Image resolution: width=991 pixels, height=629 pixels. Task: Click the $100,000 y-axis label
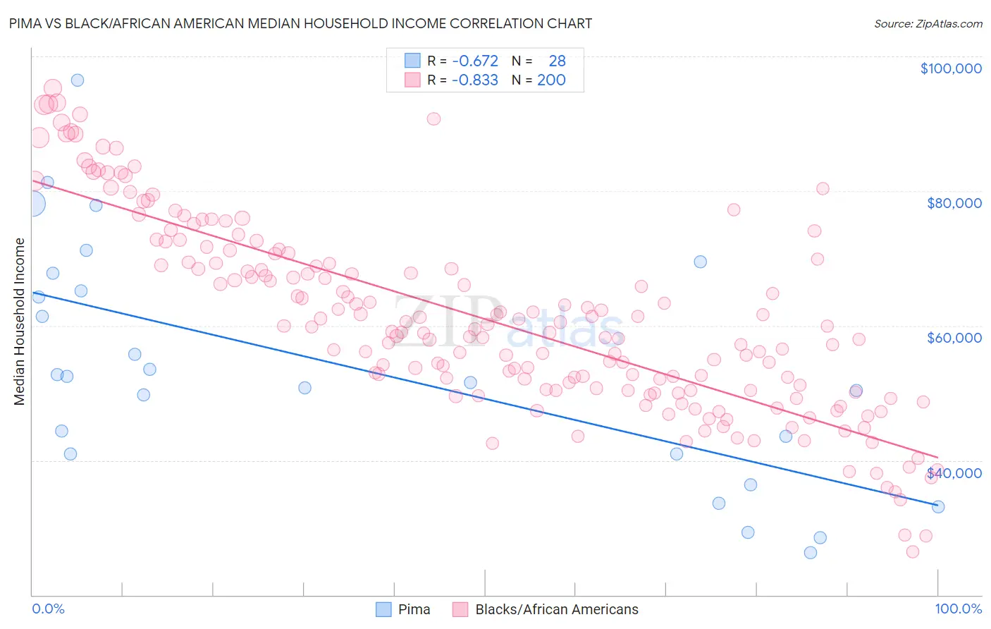[x=950, y=68]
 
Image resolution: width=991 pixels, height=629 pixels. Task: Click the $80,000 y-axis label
[x=954, y=203]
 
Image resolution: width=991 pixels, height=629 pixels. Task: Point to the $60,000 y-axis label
[x=954, y=338]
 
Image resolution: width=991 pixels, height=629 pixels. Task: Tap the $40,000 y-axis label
[x=954, y=473]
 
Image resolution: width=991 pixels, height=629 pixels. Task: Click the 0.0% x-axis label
[x=48, y=609]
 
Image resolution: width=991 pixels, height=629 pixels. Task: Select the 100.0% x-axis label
[x=958, y=609]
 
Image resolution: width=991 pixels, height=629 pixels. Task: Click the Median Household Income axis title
[x=20, y=322]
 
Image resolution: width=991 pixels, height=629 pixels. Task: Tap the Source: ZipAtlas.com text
[x=928, y=23]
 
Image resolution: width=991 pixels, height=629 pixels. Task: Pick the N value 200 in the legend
[x=551, y=80]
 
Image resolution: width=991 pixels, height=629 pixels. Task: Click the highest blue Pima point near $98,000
[x=78, y=80]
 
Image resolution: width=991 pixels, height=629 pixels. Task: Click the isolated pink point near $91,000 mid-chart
[x=433, y=118]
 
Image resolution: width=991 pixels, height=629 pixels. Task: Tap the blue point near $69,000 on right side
[x=700, y=262]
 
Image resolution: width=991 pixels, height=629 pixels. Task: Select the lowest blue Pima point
[x=811, y=553]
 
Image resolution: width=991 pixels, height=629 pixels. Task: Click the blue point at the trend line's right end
[x=938, y=506]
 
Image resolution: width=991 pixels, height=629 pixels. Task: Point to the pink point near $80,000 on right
[x=823, y=188]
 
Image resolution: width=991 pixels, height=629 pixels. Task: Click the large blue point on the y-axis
[x=33, y=204]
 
